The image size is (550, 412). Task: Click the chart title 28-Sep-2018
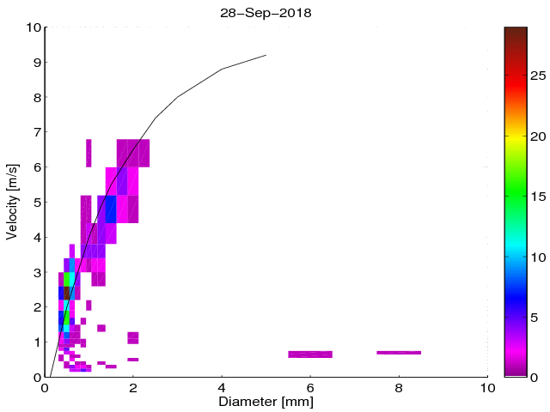click(266, 15)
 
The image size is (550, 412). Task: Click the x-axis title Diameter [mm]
click(266, 400)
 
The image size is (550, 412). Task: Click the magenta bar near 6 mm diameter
click(310, 354)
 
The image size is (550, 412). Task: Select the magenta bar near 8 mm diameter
click(399, 352)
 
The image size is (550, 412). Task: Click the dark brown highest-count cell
click(66, 293)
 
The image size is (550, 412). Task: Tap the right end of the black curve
click(266, 55)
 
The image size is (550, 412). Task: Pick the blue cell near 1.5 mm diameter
click(111, 209)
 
